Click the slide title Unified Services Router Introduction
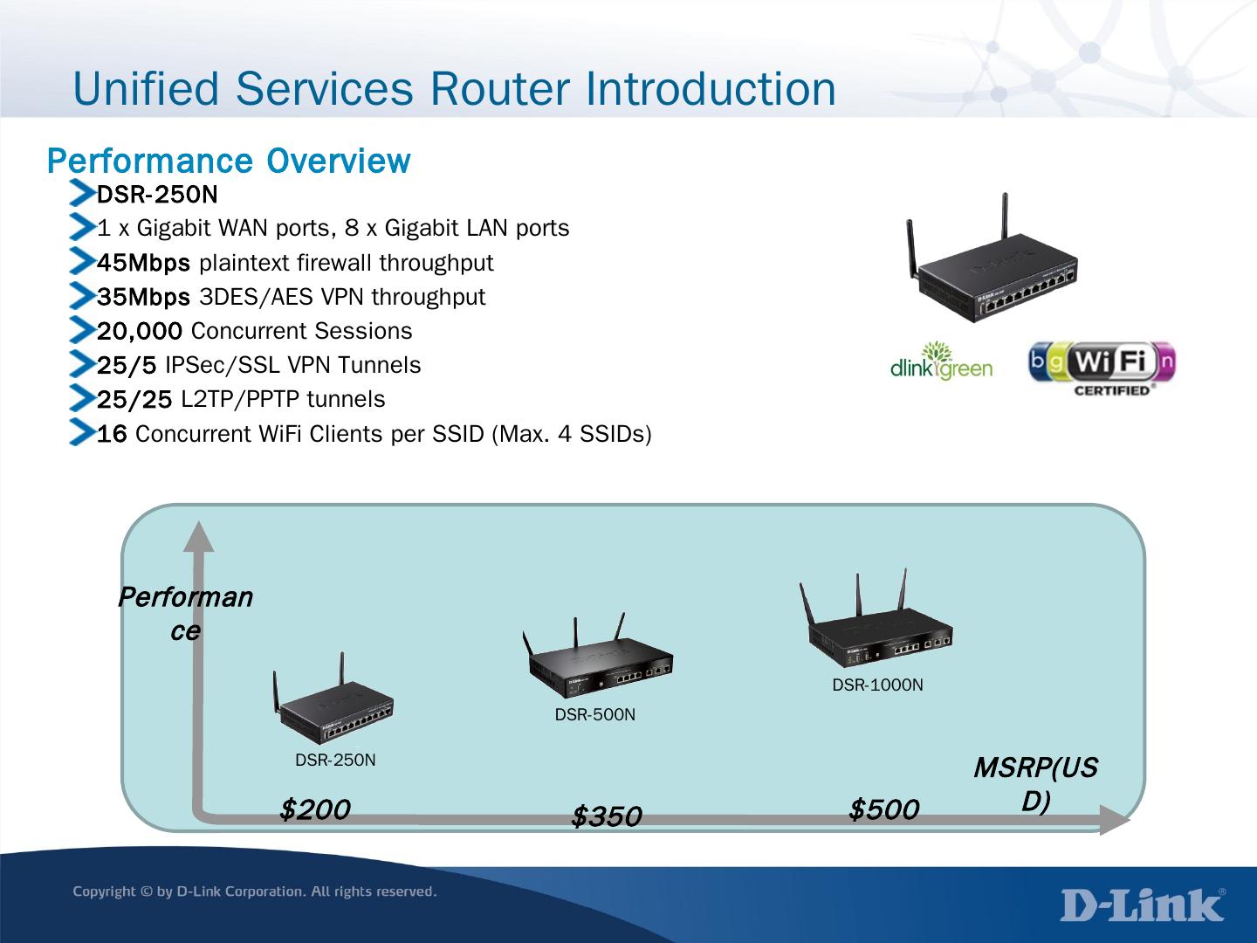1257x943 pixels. pos(454,89)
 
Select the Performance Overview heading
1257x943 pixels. pos(228,162)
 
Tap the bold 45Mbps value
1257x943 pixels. pos(143,263)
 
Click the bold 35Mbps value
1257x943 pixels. pos(143,297)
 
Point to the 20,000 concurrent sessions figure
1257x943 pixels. pos(140,331)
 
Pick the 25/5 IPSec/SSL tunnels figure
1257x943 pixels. pos(127,365)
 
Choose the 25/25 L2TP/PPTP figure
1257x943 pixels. pos(134,400)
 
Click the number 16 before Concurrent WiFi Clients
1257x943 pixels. pos(112,434)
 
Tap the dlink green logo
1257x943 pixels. pos(941,362)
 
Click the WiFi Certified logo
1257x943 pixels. pos(1102,369)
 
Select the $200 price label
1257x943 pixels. pos(314,810)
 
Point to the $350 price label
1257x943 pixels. pos(606,817)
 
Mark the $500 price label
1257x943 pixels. pos(883,810)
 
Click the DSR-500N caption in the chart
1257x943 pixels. pos(595,715)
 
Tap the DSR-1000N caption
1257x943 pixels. pos(877,685)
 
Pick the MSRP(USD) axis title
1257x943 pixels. pos(1035,784)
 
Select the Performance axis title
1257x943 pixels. pos(185,614)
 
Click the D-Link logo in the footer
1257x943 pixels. pos(1143,905)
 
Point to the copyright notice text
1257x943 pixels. pos(254,891)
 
